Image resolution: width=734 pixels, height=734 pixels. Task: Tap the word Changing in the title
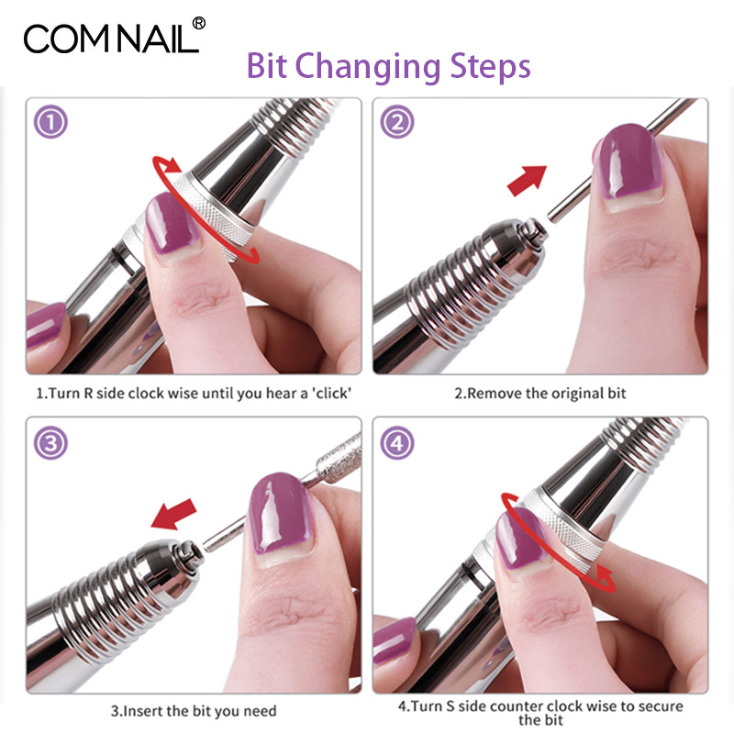(x=367, y=67)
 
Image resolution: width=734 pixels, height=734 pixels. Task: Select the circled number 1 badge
(x=50, y=122)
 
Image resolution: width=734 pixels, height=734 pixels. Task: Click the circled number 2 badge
(x=397, y=122)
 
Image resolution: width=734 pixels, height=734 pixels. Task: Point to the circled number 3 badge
(x=50, y=443)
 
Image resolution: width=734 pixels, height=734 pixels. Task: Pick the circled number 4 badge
(x=397, y=443)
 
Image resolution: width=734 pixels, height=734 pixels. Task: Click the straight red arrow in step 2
(x=528, y=180)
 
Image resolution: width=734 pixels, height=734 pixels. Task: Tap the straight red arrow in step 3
(x=173, y=514)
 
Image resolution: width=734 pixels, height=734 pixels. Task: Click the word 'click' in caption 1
(x=331, y=394)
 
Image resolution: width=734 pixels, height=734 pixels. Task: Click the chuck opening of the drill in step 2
(x=533, y=229)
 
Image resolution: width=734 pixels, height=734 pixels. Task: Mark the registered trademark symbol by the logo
(x=198, y=24)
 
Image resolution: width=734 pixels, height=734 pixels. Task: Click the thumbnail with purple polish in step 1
(x=172, y=223)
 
